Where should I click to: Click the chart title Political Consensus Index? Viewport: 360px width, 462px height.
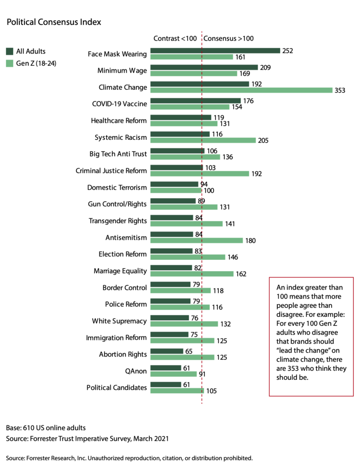[54, 22]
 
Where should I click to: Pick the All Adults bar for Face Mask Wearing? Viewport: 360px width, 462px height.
[215, 51]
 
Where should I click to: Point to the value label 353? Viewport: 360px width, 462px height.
[339, 90]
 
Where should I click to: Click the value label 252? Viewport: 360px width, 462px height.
[287, 51]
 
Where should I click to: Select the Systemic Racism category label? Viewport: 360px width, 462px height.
[121, 138]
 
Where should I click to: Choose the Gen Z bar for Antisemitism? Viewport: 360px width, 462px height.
[196, 240]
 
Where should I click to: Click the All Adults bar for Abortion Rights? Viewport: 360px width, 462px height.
[167, 351]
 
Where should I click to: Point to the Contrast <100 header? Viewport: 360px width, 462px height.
[175, 38]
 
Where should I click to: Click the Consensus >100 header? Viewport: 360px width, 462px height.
[229, 38]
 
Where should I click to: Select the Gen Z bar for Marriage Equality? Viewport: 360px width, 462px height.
[192, 274]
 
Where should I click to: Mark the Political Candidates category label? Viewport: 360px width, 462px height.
[117, 387]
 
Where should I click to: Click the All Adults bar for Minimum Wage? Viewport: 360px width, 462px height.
[204, 68]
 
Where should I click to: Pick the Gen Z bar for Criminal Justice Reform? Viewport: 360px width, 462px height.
[199, 174]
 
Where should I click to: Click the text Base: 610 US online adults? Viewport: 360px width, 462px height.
[46, 427]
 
